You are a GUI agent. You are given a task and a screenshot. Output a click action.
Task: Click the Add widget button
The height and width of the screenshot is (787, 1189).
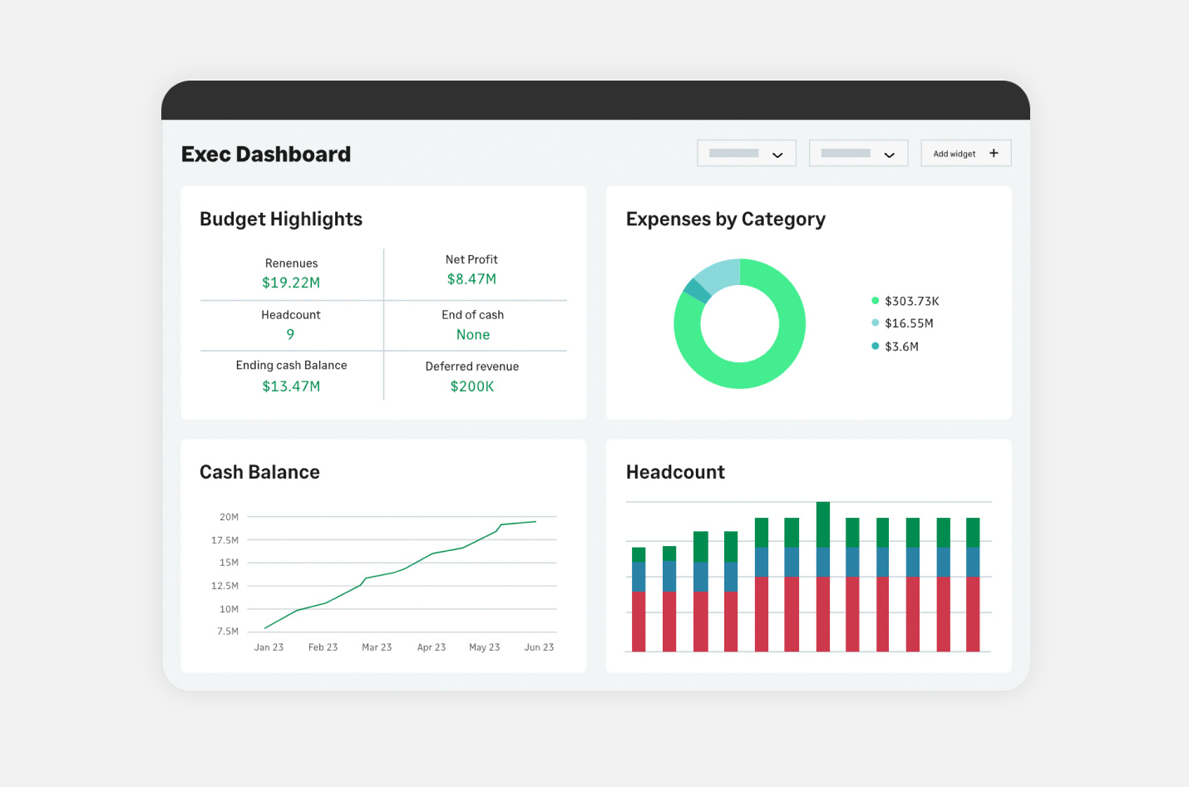tap(965, 154)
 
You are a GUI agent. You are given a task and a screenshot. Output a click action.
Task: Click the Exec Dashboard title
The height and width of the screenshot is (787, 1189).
tap(266, 155)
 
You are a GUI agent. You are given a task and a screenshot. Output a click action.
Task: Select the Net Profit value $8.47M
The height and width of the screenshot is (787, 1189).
tap(471, 279)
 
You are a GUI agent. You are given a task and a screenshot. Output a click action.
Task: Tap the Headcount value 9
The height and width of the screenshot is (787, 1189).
tap(290, 334)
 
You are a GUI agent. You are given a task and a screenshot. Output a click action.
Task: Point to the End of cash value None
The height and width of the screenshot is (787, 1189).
tap(473, 335)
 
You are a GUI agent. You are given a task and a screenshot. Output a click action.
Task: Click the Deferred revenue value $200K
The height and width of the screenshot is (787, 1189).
tap(472, 386)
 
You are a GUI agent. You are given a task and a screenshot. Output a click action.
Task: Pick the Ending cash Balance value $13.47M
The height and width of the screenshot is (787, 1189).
tap(291, 386)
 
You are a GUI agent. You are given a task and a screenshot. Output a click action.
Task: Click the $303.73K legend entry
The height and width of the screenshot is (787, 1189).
tap(911, 301)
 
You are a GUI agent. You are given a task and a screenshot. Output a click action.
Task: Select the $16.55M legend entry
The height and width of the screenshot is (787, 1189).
tap(908, 323)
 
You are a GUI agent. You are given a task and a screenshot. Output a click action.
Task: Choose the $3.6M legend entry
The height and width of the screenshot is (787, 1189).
tap(901, 347)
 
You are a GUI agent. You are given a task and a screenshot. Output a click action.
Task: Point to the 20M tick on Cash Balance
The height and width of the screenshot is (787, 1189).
tap(229, 517)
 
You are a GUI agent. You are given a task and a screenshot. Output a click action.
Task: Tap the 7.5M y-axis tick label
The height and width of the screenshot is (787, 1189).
tap(228, 632)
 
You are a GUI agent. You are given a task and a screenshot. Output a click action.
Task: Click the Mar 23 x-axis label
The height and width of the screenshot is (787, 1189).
tap(377, 647)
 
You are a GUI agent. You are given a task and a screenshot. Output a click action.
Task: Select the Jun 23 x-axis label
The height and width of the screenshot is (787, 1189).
tap(539, 647)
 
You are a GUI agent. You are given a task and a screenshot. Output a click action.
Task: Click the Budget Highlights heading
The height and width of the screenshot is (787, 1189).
tap(281, 219)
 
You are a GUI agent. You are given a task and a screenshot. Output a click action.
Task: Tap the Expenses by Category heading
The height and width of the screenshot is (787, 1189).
tap(725, 219)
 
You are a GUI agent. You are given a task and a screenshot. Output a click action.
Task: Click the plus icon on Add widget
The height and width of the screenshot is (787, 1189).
tap(994, 153)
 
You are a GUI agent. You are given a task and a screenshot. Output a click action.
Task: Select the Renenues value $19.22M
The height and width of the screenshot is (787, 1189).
tap(291, 283)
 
